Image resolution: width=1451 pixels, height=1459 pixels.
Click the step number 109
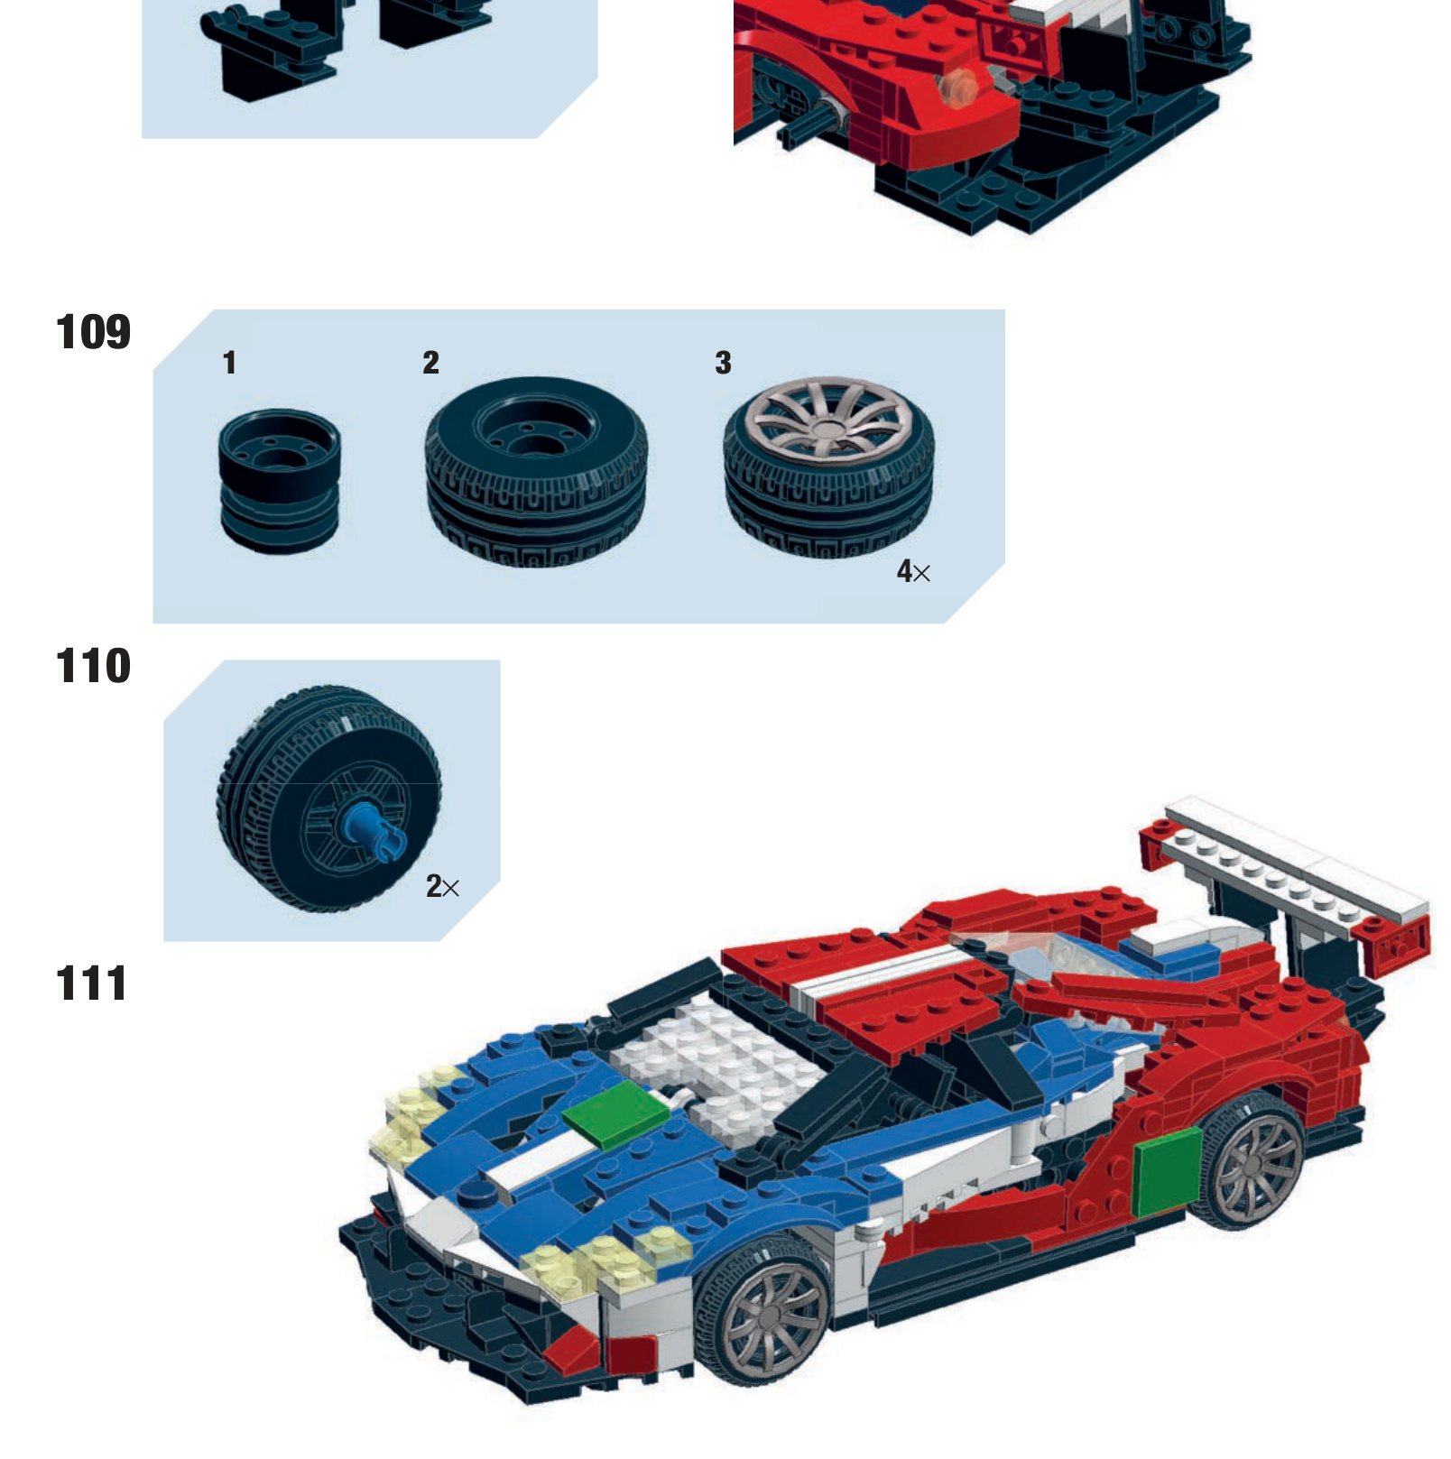pyautogui.click(x=93, y=332)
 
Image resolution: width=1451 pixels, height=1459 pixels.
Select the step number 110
pyautogui.click(x=93, y=666)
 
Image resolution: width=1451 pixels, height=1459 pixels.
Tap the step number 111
pyautogui.click(x=91, y=983)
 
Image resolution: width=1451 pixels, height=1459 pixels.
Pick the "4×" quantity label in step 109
pyautogui.click(x=913, y=571)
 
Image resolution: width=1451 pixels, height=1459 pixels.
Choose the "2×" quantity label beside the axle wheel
pyautogui.click(x=442, y=886)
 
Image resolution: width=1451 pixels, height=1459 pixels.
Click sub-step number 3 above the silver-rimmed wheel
pyautogui.click(x=723, y=363)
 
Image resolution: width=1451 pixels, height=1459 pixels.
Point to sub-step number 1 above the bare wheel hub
pyautogui.click(x=229, y=363)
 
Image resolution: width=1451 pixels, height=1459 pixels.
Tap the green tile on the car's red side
pyautogui.click(x=1167, y=1170)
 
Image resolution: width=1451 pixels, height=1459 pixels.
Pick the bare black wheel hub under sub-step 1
pyautogui.click(x=280, y=481)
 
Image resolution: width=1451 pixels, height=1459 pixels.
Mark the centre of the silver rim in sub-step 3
pyautogui.click(x=827, y=420)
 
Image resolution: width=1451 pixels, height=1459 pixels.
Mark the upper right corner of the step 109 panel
pyautogui.click(x=1004, y=310)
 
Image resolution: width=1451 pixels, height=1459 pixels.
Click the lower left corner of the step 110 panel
pyautogui.click(x=164, y=941)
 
